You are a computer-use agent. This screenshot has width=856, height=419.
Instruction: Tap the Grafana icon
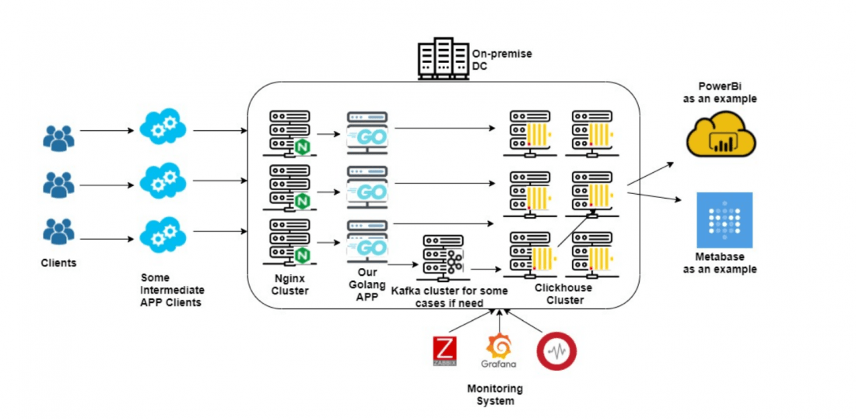[498, 350]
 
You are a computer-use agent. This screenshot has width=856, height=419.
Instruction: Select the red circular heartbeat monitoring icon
[556, 351]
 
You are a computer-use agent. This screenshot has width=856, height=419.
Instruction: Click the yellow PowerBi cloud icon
[721, 133]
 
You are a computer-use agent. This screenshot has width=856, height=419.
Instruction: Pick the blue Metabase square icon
[724, 220]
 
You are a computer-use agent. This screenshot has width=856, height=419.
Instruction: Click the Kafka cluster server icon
[443, 257]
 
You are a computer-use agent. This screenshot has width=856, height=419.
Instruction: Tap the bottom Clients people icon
[58, 232]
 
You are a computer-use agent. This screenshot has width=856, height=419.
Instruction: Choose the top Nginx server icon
[289, 133]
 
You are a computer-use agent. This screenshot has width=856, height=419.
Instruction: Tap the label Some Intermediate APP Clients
[171, 290]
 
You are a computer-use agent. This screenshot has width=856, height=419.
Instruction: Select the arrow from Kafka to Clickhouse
[484, 269]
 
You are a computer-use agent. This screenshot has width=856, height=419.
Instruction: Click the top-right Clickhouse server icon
[591, 133]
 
